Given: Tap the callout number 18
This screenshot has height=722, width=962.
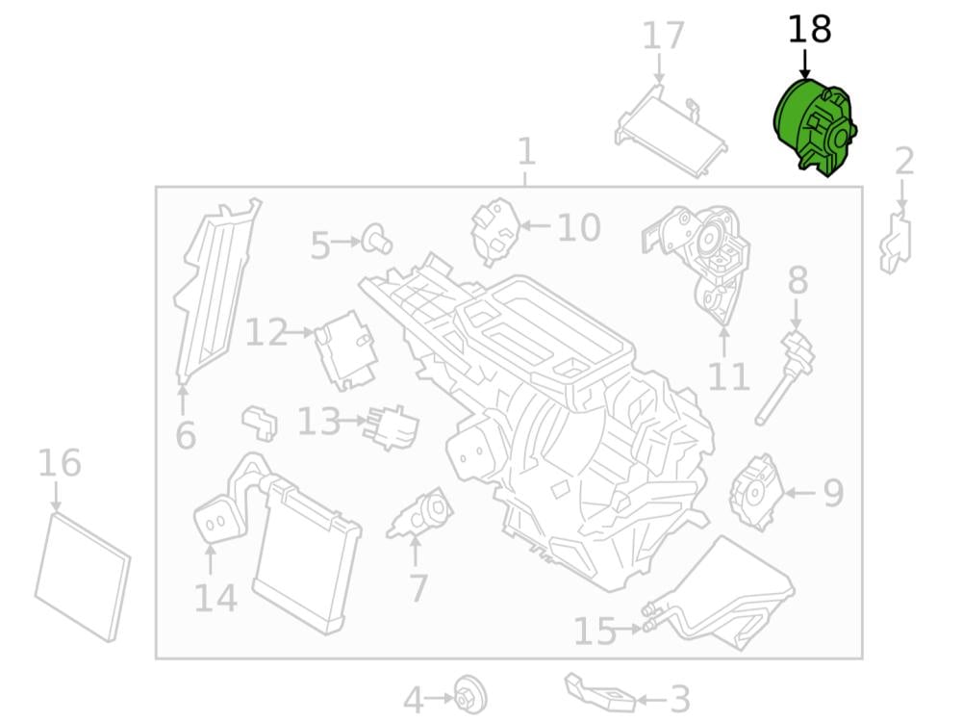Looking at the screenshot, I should click(x=809, y=30).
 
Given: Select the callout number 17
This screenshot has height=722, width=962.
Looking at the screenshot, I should click(x=663, y=37).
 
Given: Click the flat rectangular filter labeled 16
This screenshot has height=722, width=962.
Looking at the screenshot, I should click(x=81, y=576).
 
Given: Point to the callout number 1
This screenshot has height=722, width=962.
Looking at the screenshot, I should click(x=525, y=152).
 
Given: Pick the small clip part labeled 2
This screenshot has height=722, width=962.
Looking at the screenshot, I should click(x=895, y=242).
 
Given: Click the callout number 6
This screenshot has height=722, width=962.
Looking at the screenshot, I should click(x=186, y=436).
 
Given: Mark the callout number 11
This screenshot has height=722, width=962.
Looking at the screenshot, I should click(x=728, y=376).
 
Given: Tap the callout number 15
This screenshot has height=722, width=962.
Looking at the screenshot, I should click(x=595, y=632).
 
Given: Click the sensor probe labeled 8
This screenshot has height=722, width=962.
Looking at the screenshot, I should click(x=786, y=374).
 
